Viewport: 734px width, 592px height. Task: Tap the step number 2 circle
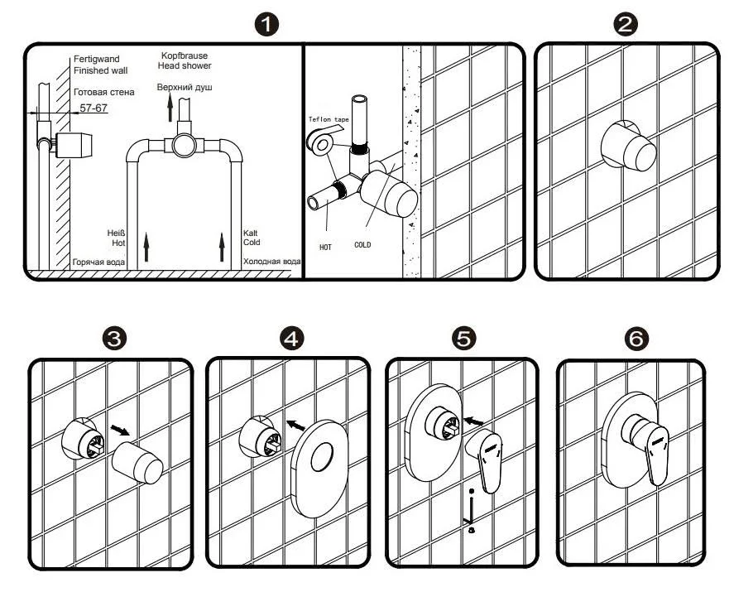[626, 23]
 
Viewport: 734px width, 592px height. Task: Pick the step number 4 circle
[291, 339]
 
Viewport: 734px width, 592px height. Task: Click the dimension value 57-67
[93, 108]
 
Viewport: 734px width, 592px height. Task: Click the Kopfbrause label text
[185, 55]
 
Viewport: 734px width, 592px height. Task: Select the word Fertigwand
[95, 60]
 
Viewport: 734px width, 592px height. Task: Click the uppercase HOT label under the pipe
[325, 247]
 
